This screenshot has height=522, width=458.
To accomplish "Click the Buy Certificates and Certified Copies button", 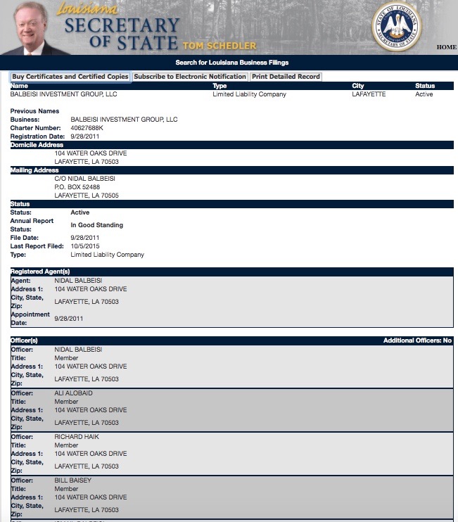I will click(x=70, y=77).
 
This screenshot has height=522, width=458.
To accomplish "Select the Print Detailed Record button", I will click(x=286, y=77).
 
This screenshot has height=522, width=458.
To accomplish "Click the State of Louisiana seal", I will click(x=396, y=27).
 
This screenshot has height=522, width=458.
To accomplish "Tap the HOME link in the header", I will click(x=447, y=47).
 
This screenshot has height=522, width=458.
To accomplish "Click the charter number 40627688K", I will click(x=87, y=128).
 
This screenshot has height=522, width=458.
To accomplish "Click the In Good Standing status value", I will click(x=97, y=225).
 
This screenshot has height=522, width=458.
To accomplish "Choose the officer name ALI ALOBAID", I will click(x=73, y=393).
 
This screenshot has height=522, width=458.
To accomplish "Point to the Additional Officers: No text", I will click(x=417, y=340).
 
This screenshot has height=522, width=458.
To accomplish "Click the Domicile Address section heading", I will click(x=37, y=145).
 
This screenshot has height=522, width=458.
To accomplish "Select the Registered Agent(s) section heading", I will click(x=40, y=272).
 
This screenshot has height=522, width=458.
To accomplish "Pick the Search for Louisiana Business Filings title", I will click(x=231, y=63).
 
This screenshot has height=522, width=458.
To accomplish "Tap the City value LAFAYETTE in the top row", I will click(x=369, y=94).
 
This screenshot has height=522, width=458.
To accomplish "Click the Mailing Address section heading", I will click(x=34, y=170).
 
